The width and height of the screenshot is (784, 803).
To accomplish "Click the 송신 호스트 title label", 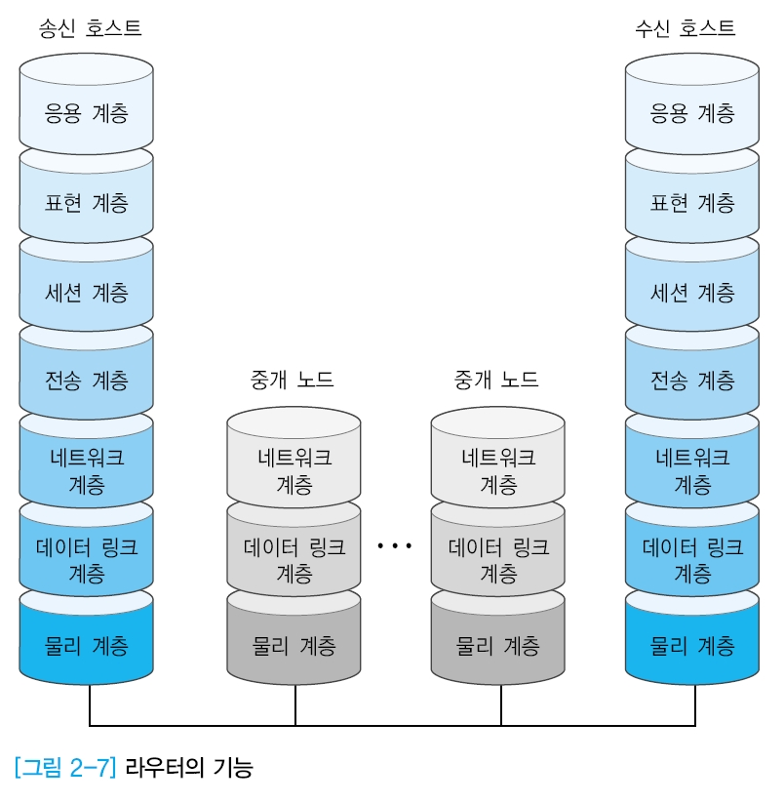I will tap(90, 28).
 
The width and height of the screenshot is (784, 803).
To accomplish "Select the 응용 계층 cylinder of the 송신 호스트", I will tap(87, 113).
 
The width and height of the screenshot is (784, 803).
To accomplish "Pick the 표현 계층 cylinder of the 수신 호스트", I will tap(692, 203).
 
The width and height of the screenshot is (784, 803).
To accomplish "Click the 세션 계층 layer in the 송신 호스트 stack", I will tap(87, 292).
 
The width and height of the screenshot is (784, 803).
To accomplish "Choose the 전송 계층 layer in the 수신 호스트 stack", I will tap(692, 380).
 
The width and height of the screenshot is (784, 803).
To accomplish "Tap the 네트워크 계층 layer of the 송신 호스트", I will tap(87, 469).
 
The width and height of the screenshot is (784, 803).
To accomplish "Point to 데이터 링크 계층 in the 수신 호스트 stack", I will tap(692, 558).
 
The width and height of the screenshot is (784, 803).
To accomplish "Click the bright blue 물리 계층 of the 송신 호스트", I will tap(87, 645).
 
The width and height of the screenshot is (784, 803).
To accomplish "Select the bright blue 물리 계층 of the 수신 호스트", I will tap(692, 645).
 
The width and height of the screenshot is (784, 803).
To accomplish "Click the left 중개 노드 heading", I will tap(293, 380).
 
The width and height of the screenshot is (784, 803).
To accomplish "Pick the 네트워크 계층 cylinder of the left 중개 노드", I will tap(294, 469).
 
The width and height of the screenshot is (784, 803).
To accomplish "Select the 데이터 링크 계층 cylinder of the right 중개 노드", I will tap(498, 558).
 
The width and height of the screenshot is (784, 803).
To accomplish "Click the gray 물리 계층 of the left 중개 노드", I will tap(294, 645).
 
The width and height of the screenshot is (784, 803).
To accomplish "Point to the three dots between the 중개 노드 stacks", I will tap(395, 546).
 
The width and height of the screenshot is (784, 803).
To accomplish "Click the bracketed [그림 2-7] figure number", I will tap(65, 768).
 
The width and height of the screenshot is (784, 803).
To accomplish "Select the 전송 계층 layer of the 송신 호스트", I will tap(87, 380).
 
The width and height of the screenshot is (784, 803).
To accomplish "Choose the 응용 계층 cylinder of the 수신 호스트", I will tap(692, 113).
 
